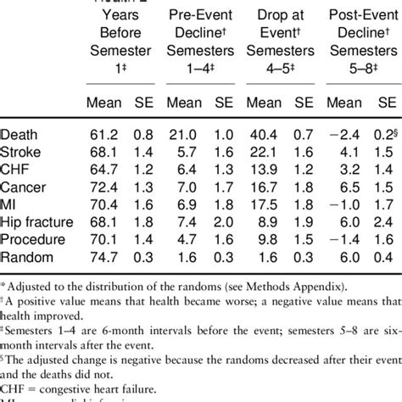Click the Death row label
tap(21, 132)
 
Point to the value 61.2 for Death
tap(102, 132)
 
